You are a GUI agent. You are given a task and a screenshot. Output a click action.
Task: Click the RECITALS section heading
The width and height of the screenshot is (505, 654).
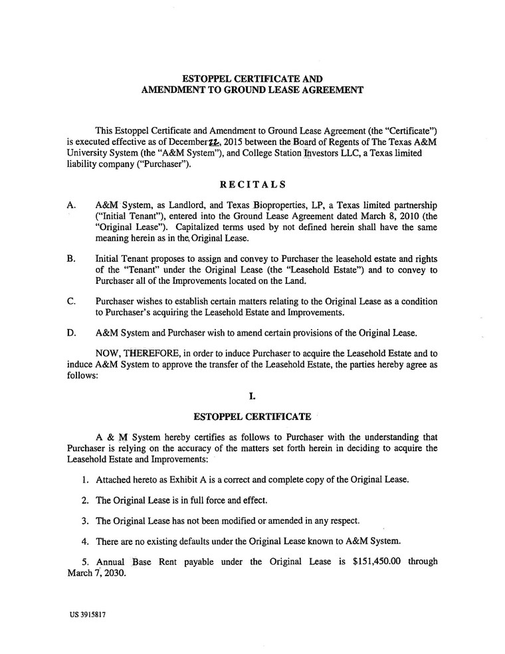click(x=252, y=184)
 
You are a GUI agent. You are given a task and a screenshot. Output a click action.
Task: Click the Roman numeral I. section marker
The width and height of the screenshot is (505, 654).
click(x=252, y=397)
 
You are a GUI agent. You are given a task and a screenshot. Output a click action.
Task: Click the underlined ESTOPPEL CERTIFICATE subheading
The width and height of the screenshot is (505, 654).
click(x=252, y=417)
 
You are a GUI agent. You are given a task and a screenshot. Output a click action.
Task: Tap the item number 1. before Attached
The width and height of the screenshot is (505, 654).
click(x=85, y=479)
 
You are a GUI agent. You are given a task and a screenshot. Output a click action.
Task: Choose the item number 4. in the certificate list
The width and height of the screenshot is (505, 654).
click(x=85, y=539)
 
